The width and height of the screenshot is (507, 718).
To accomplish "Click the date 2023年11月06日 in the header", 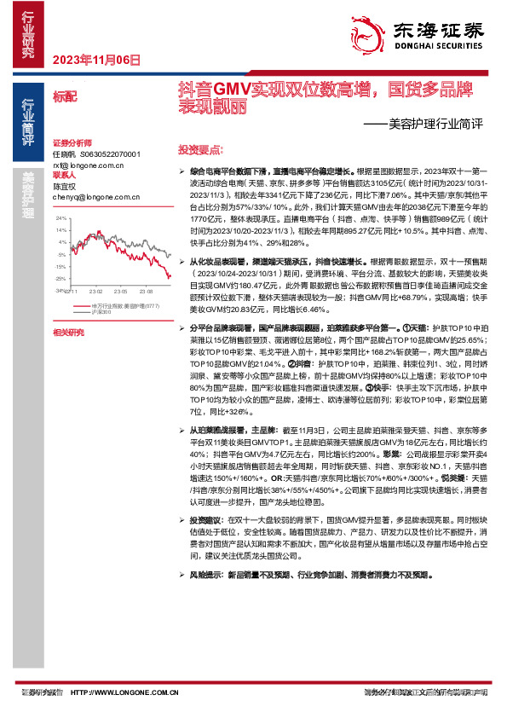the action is point(95,60).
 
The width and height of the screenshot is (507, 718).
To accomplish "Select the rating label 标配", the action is point(65,97).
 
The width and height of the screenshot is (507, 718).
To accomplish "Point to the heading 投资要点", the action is point(200,148).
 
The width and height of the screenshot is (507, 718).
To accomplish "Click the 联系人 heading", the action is point(64,175).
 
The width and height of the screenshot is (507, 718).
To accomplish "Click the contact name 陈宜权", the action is point(65,186).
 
